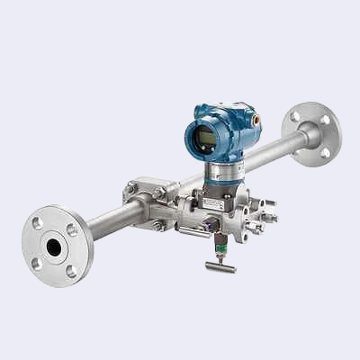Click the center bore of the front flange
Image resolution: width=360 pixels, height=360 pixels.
pos(54,246)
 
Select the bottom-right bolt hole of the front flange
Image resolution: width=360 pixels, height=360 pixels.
pos(71,270)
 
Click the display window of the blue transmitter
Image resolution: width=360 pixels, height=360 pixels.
pos(205,138)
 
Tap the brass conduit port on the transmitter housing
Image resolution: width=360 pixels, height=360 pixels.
pos(256,118)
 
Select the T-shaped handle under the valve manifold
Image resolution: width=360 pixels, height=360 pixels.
pos(219,266)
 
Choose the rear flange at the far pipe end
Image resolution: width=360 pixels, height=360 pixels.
pos(316,133)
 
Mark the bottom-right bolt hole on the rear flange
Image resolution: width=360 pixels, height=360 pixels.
pos(326,151)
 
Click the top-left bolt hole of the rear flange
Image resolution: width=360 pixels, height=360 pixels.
pos(296,116)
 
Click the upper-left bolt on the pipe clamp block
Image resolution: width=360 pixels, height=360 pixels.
pos(131,188)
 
